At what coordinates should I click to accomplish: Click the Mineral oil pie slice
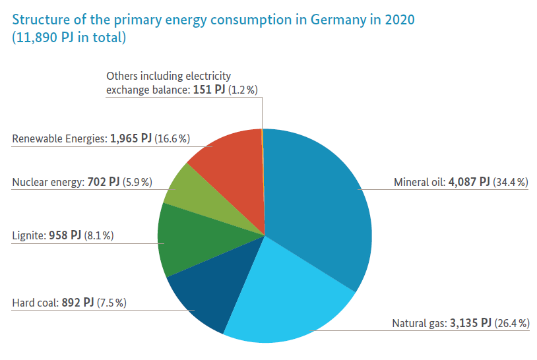click(317, 198)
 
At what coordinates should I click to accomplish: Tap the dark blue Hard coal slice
click(205, 297)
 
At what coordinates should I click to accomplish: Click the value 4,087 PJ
click(469, 182)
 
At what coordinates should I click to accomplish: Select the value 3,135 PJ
click(470, 323)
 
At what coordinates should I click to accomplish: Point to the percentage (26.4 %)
click(512, 323)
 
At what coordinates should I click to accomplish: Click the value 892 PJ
click(78, 303)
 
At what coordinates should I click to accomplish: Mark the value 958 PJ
click(65, 235)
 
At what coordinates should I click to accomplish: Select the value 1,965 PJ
click(131, 138)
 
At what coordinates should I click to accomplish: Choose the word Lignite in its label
click(28, 235)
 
